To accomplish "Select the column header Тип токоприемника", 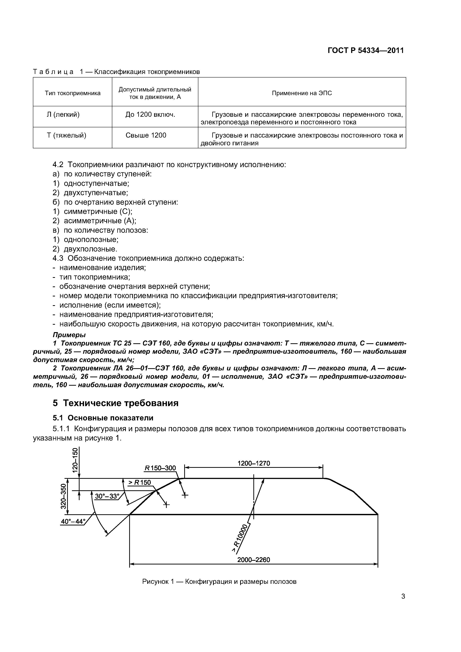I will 72,93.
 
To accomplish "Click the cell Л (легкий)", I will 63,114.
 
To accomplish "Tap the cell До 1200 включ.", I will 150,114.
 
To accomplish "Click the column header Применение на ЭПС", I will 302,93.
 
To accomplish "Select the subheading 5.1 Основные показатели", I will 103,418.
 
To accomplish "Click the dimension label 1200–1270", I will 254,463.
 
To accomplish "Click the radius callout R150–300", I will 160,468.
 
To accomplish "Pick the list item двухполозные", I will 90,249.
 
